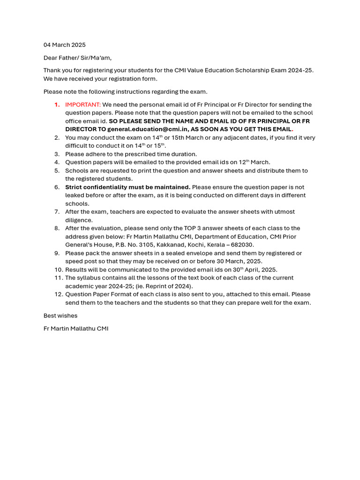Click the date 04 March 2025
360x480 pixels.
[x=65, y=45]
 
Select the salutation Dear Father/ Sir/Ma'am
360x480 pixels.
[x=77, y=58]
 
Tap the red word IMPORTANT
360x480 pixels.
[x=83, y=105]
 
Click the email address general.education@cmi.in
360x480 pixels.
[x=147, y=129]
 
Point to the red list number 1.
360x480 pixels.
[x=57, y=105]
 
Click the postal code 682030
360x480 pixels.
[x=241, y=245]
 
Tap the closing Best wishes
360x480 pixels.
[x=60, y=315]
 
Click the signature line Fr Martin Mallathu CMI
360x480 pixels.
[x=76, y=329]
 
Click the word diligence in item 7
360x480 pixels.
[x=79, y=220]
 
